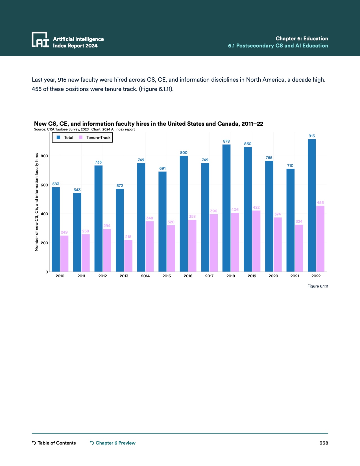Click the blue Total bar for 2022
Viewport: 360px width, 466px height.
(312, 205)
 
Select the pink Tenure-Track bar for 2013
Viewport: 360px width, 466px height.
(128, 256)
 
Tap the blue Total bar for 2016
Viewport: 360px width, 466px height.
(184, 214)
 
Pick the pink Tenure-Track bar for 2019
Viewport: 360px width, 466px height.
(256, 241)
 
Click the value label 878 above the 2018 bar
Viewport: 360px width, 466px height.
(226, 141)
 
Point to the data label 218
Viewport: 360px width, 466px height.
(128, 237)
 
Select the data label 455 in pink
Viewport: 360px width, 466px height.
(320, 202)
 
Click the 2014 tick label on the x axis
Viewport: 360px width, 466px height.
(145, 276)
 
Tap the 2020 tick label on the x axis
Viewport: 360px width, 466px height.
(273, 276)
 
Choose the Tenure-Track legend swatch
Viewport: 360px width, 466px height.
(81, 138)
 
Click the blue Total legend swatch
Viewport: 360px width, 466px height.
(58, 138)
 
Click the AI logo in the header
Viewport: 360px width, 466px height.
(40, 40)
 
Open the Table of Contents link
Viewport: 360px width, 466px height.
(54, 443)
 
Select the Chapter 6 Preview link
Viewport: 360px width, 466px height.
(113, 443)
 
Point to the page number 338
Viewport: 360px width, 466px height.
(324, 443)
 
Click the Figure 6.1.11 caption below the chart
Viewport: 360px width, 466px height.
(318, 286)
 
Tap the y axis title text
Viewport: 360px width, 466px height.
(36, 202)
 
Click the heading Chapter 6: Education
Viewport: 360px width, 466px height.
(302, 39)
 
